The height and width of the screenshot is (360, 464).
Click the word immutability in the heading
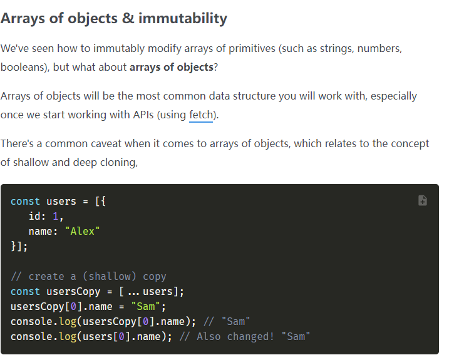[183, 18]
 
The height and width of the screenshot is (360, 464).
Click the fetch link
[201, 115]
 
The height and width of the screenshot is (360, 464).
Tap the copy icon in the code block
[423, 200]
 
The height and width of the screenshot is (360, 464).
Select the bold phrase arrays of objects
[172, 66]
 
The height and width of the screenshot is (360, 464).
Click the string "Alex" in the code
[83, 231]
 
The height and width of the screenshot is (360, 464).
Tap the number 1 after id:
[56, 216]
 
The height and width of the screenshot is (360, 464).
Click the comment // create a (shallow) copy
[88, 276]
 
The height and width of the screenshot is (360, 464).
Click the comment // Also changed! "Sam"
[245, 336]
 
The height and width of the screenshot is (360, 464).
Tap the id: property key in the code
[37, 216]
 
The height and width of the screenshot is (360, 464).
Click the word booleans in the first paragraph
[23, 66]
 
